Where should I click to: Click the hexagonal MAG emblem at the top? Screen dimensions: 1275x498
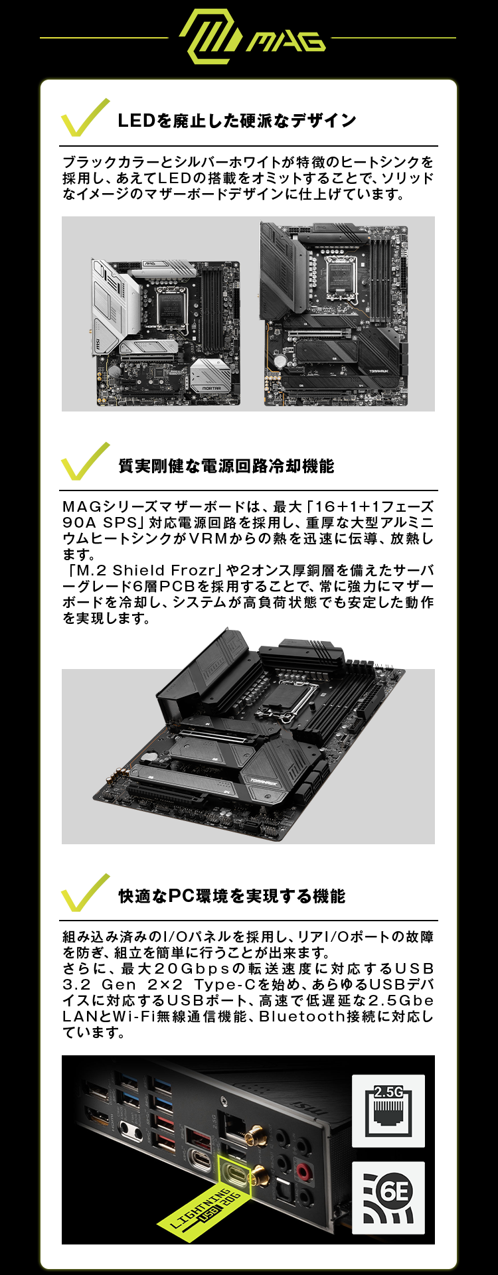tap(209, 37)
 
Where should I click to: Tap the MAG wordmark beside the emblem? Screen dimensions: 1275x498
tap(287, 42)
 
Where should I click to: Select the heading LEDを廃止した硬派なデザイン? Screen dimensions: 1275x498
tap(236, 121)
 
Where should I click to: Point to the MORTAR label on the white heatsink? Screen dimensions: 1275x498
tap(211, 388)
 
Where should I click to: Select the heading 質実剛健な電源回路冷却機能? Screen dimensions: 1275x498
tap(226, 466)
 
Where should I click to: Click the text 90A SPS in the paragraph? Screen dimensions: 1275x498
tap(99, 522)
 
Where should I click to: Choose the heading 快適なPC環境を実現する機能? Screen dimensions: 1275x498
tap(232, 896)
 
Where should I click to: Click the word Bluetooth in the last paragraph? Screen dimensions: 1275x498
tap(311, 1016)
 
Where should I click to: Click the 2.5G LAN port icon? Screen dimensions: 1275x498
tap(388, 1111)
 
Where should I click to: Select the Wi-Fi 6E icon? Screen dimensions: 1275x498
tap(388, 1197)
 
